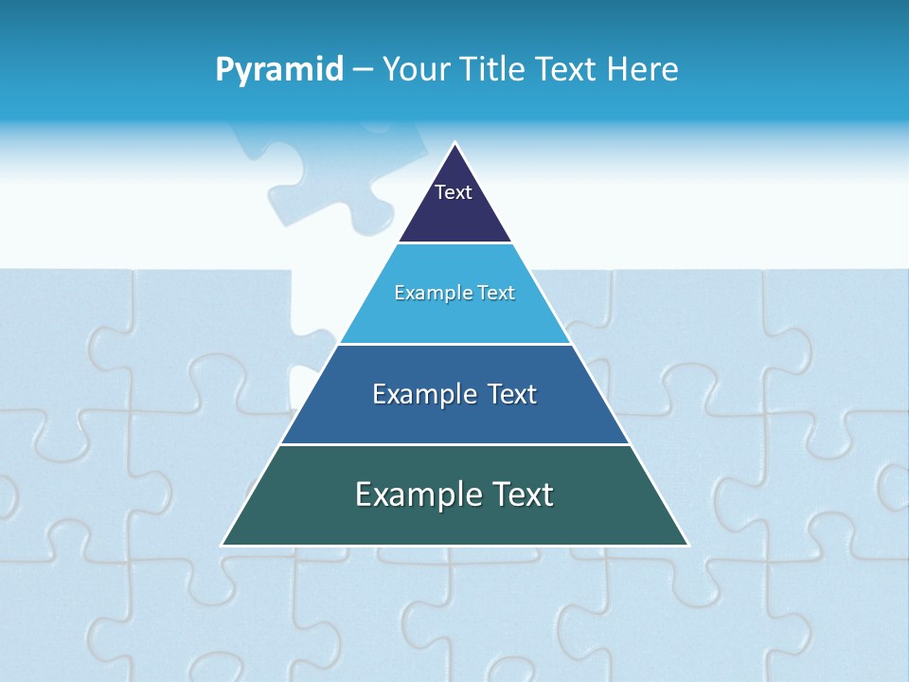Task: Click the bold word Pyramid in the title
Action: pyautogui.click(x=279, y=70)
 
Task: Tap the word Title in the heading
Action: pyautogui.click(x=493, y=69)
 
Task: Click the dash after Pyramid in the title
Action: pyautogui.click(x=363, y=70)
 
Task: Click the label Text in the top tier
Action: pyautogui.click(x=454, y=192)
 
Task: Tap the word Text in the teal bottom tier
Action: pyautogui.click(x=524, y=494)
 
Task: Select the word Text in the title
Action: pyautogui.click(x=565, y=69)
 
